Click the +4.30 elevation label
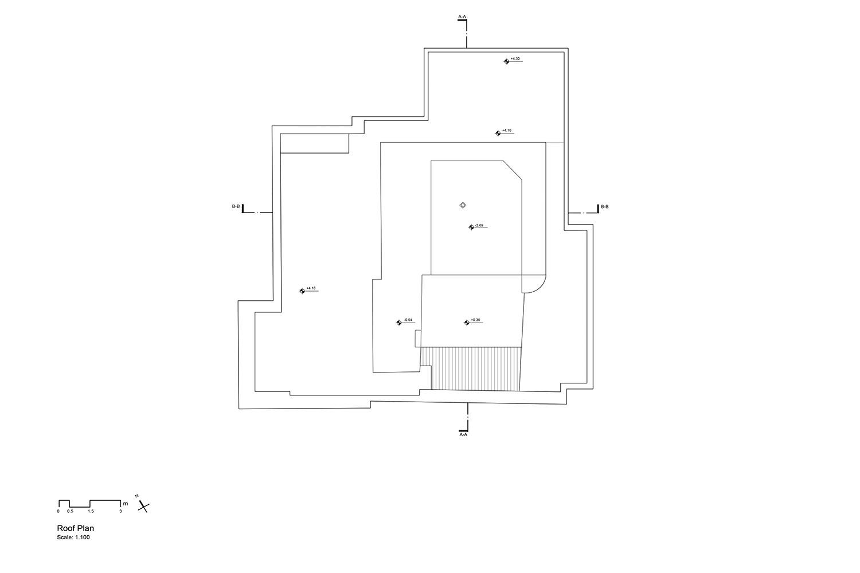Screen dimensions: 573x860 (x=515, y=59)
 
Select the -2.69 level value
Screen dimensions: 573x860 (x=480, y=225)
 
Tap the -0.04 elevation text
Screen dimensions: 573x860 (x=408, y=320)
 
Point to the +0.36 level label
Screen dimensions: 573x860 (x=475, y=320)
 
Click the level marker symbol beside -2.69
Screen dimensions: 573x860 (x=471, y=227)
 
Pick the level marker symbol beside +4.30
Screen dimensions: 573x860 (x=506, y=61)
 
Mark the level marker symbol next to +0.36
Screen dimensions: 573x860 (x=467, y=323)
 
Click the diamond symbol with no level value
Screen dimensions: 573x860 (x=463, y=205)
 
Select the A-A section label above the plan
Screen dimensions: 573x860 (x=462, y=17)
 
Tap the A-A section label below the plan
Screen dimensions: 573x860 (x=464, y=435)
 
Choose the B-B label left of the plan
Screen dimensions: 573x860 (x=236, y=206)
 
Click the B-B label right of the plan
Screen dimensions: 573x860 (x=605, y=206)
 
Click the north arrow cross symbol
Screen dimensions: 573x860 (x=144, y=506)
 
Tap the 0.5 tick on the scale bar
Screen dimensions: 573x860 (x=70, y=511)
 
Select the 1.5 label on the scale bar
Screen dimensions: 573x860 (x=91, y=511)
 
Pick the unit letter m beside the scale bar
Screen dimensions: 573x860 (x=125, y=503)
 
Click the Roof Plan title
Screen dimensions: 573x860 (x=75, y=528)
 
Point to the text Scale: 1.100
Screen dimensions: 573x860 (x=73, y=537)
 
